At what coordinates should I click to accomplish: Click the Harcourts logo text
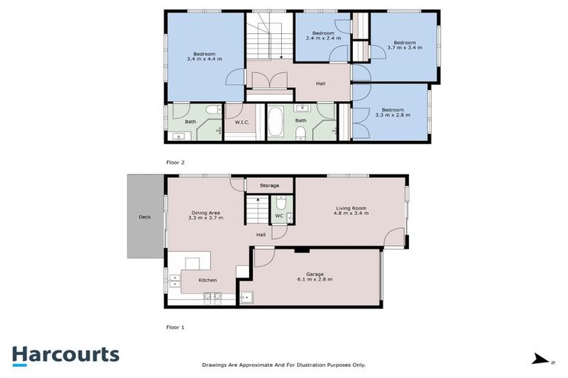(65, 354)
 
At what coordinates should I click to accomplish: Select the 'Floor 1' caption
(175, 326)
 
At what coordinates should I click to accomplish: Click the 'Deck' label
(144, 217)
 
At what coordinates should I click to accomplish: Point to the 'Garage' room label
(315, 274)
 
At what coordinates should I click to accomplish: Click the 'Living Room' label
(351, 207)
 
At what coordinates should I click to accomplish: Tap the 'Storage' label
(269, 185)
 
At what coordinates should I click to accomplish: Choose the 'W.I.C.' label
(240, 123)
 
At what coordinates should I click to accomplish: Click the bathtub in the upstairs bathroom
(274, 123)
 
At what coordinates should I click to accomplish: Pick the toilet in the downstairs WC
(281, 202)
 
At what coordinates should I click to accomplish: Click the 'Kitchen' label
(209, 281)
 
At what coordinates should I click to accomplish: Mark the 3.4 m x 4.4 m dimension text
(205, 58)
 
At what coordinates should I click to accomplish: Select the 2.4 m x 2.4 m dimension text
(323, 40)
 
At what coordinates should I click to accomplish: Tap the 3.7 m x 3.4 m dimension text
(405, 48)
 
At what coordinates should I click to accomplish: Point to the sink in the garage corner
(247, 298)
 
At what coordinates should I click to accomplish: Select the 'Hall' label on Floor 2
(320, 83)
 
